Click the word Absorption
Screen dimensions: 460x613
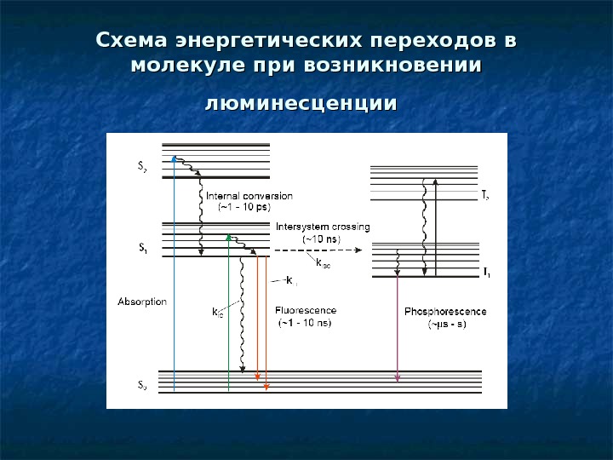(x=141, y=302)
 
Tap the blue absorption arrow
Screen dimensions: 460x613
(x=174, y=273)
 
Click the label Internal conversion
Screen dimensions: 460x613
(x=249, y=195)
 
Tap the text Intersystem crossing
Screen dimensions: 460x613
(x=323, y=227)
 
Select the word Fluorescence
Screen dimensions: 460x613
(x=306, y=311)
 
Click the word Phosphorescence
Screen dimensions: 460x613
(x=445, y=312)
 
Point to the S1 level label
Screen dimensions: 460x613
(x=142, y=250)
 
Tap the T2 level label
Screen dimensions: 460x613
(x=485, y=196)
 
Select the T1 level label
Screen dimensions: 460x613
(x=485, y=273)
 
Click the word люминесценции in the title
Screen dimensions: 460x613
(x=302, y=104)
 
